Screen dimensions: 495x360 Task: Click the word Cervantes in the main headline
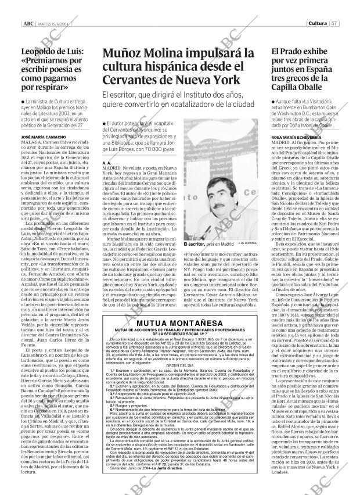pyautogui.click(x=134, y=79)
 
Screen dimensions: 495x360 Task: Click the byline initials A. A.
pyautogui.click(x=106, y=164)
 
